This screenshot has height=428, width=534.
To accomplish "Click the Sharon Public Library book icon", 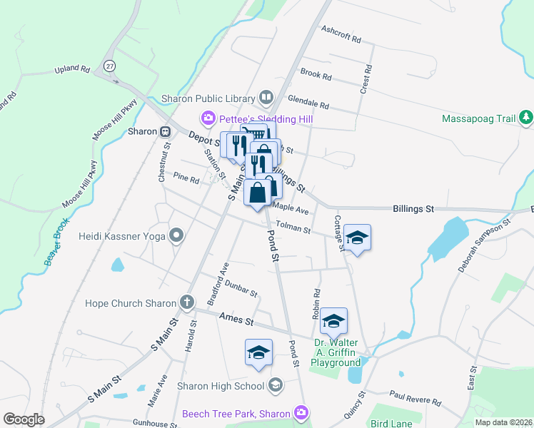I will (x=266, y=96).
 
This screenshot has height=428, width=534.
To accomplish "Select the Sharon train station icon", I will (x=166, y=131).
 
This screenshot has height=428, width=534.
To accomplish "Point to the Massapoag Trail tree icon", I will (x=526, y=117).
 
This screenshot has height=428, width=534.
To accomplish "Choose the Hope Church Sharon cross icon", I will (x=187, y=302).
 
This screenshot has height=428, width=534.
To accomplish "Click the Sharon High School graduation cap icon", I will (x=275, y=386).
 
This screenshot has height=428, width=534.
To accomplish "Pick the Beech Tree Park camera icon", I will (x=301, y=412).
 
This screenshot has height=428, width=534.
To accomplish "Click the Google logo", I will (x=24, y=419).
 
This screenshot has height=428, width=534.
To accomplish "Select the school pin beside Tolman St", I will (x=357, y=238).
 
